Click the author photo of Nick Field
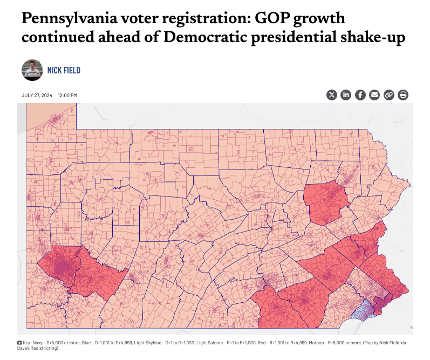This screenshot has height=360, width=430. (x=32, y=70)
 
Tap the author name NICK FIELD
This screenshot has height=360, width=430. (x=64, y=71)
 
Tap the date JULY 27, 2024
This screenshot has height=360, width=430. (x=37, y=96)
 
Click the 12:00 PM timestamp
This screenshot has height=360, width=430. (x=67, y=96)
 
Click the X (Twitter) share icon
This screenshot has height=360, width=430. (x=332, y=95)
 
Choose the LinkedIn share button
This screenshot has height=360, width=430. (x=346, y=95)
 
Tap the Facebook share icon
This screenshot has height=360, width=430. (x=360, y=95)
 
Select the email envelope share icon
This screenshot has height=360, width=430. (x=374, y=95)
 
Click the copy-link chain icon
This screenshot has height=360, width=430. (x=388, y=95)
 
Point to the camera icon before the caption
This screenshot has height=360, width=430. (x=20, y=343)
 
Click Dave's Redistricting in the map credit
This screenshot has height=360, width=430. (x=37, y=348)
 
